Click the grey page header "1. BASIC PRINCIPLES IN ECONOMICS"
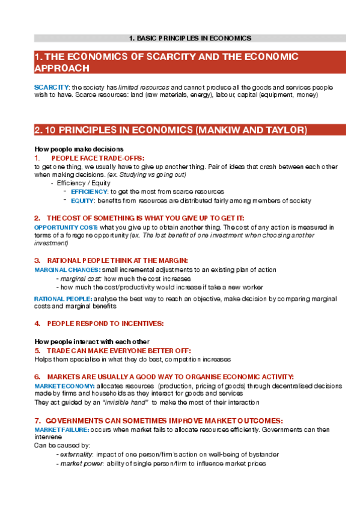(190, 38)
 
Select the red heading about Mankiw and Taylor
(171, 130)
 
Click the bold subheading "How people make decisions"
(79, 149)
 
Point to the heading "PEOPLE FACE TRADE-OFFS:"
(98, 158)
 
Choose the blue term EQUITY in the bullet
(82, 200)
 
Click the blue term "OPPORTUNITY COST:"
(66, 227)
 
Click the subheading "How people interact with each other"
(92, 342)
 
